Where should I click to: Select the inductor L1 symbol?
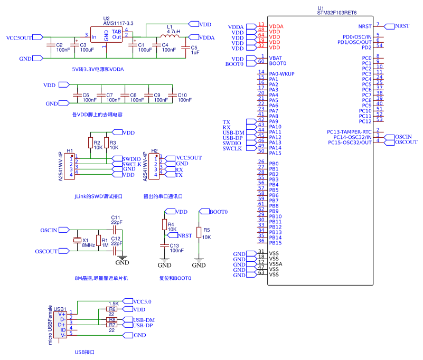click(170, 37)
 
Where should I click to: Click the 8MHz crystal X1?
click(77, 241)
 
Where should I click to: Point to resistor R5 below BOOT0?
click(199, 233)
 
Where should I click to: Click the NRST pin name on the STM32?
click(364, 26)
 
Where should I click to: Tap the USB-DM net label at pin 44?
click(233, 132)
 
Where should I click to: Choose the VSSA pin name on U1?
click(275, 264)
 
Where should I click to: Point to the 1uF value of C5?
click(195, 53)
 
